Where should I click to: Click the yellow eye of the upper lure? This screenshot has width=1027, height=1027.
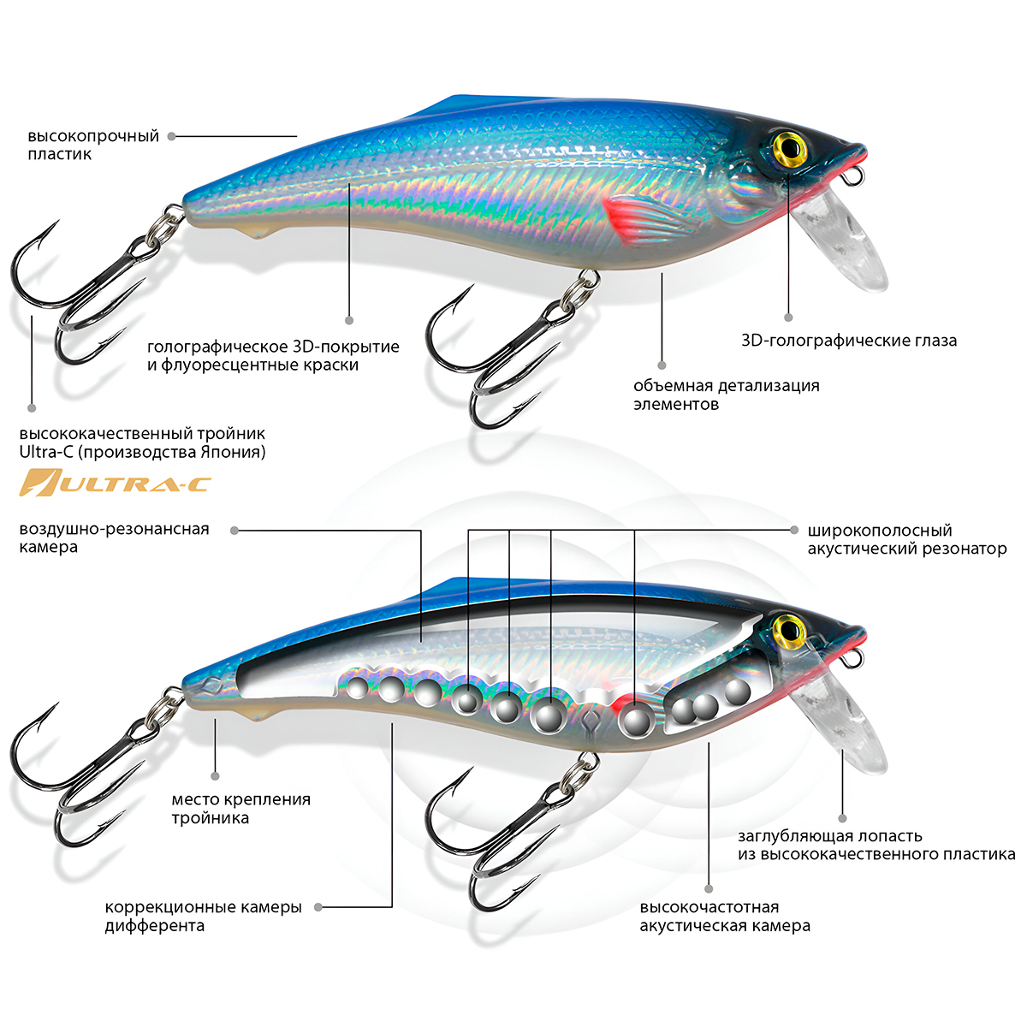pyautogui.click(x=790, y=147)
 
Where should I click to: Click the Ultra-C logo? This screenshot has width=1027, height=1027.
pyautogui.click(x=115, y=483)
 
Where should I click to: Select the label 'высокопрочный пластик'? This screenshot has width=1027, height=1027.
pyautogui.click(x=93, y=145)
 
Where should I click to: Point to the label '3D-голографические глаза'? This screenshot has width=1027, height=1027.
pyautogui.click(x=849, y=341)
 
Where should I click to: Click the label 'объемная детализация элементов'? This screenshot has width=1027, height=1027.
pyautogui.click(x=726, y=395)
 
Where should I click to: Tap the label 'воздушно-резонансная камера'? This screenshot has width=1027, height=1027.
pyautogui.click(x=114, y=538)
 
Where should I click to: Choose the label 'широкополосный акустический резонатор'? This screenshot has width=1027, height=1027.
pyautogui.click(x=906, y=539)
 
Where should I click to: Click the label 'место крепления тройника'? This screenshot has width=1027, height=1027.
pyautogui.click(x=240, y=809)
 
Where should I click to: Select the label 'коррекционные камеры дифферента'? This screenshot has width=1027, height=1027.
pyautogui.click(x=203, y=916)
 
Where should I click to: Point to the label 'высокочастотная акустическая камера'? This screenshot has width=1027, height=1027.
pyautogui.click(x=725, y=916)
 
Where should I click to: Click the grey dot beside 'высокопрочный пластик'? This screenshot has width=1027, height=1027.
pyautogui.click(x=171, y=136)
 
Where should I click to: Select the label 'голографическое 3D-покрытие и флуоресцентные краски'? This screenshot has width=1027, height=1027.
pyautogui.click(x=273, y=356)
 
